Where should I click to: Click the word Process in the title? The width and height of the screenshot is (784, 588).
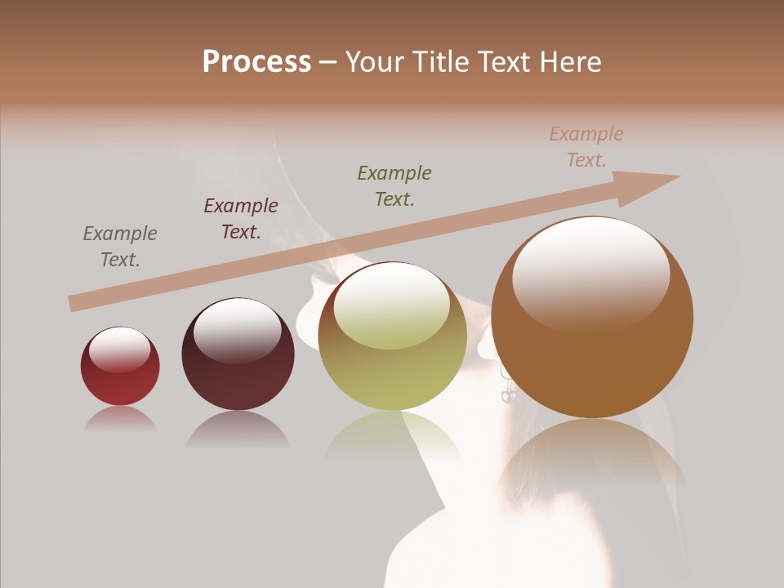[256, 62]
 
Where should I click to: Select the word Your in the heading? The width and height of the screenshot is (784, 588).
[371, 62]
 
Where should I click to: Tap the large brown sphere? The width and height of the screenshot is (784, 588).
[592, 327]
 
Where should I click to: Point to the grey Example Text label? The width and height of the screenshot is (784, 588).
[119, 247]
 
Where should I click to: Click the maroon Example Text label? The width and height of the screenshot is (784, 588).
[241, 219]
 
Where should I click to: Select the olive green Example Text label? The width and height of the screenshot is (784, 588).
[394, 185]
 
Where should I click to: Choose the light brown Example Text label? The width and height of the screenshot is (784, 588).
[586, 147]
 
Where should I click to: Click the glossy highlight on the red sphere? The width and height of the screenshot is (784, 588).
[119, 349]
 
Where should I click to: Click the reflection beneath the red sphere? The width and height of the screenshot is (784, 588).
[120, 419]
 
